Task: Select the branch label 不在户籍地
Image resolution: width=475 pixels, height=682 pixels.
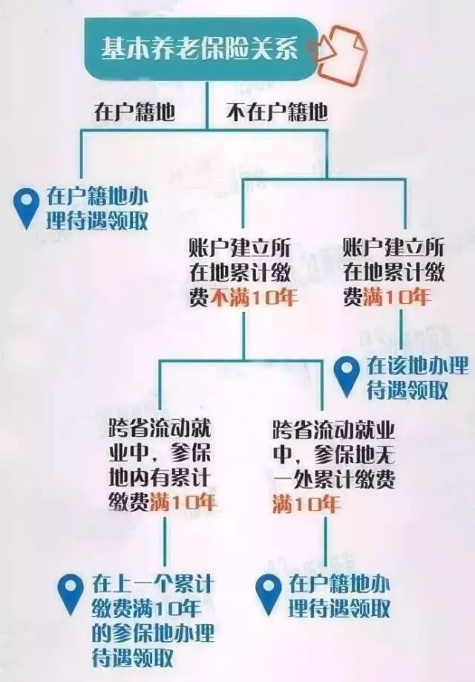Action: click(x=277, y=112)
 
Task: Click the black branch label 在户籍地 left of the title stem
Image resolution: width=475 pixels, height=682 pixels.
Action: click(x=135, y=112)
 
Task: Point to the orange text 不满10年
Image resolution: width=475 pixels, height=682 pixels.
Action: click(x=255, y=298)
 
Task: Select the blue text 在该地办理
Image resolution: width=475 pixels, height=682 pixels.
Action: click(x=418, y=366)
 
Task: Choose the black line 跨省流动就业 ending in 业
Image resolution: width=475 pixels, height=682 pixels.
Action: click(x=334, y=430)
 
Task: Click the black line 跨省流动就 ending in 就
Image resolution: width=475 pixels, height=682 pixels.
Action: click(x=160, y=430)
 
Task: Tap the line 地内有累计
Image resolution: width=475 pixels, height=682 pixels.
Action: click(x=160, y=479)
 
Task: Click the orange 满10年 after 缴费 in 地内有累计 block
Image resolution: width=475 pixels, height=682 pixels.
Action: click(x=183, y=503)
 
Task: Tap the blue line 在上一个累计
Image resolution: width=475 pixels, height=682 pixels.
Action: click(x=153, y=584)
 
